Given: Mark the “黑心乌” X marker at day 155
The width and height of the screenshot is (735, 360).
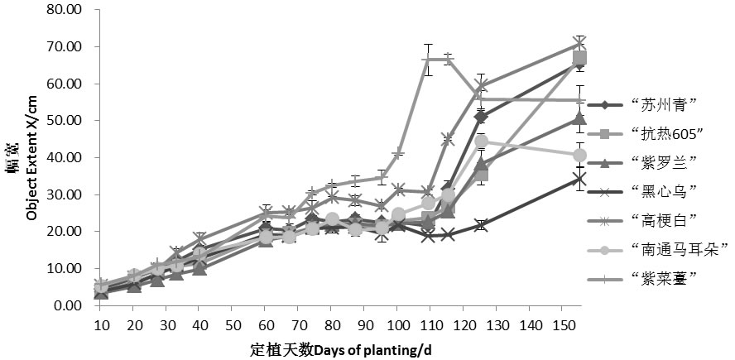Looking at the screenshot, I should (x=580, y=179).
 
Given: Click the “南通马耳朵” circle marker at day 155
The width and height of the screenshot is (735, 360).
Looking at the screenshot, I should (x=580, y=155).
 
